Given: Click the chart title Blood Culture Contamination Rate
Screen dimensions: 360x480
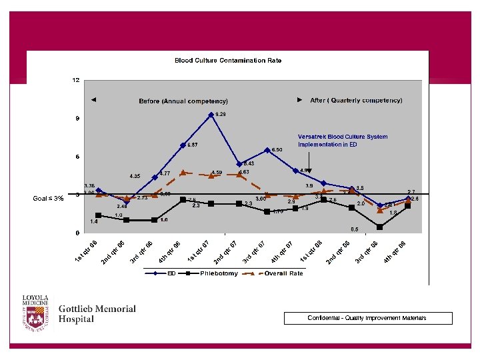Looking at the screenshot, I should (x=228, y=61).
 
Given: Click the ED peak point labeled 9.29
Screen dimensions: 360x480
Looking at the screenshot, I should (x=211, y=115).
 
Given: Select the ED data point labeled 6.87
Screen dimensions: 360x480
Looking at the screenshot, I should (x=183, y=145).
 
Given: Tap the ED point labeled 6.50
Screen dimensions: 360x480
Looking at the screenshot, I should (x=267, y=151).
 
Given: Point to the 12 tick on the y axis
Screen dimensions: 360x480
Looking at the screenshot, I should (x=76, y=80).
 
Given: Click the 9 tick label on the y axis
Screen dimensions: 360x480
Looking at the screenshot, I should (x=77, y=119).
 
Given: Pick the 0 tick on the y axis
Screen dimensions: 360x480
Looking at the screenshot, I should (x=77, y=233).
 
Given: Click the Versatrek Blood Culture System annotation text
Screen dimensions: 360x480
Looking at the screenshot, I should (x=343, y=141).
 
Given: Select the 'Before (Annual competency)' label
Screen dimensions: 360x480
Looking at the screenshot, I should (x=183, y=101).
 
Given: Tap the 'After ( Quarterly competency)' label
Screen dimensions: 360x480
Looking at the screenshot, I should (x=356, y=101).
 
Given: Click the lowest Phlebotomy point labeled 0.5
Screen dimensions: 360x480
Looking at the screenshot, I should (x=380, y=227).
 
